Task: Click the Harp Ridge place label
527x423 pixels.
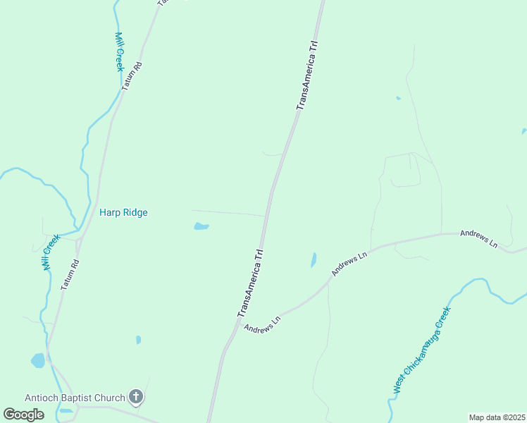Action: coord(123,212)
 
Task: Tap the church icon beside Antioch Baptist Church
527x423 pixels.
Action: coord(137,398)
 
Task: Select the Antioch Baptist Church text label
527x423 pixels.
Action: coord(75,398)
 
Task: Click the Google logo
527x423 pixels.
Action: coord(24,414)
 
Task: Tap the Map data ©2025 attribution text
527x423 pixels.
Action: coord(496,417)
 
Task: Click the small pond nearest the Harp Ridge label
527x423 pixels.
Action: coord(201,226)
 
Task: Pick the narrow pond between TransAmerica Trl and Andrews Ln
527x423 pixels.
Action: coord(313,260)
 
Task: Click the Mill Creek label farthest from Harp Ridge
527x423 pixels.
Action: coord(119,51)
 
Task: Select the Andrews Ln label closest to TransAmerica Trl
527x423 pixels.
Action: coord(263,324)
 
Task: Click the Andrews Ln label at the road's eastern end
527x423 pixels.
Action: coord(479,238)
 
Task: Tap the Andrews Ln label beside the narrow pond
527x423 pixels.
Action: coord(350,264)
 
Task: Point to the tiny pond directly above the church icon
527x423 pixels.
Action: coord(138,340)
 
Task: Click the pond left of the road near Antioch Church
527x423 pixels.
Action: coord(37,361)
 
